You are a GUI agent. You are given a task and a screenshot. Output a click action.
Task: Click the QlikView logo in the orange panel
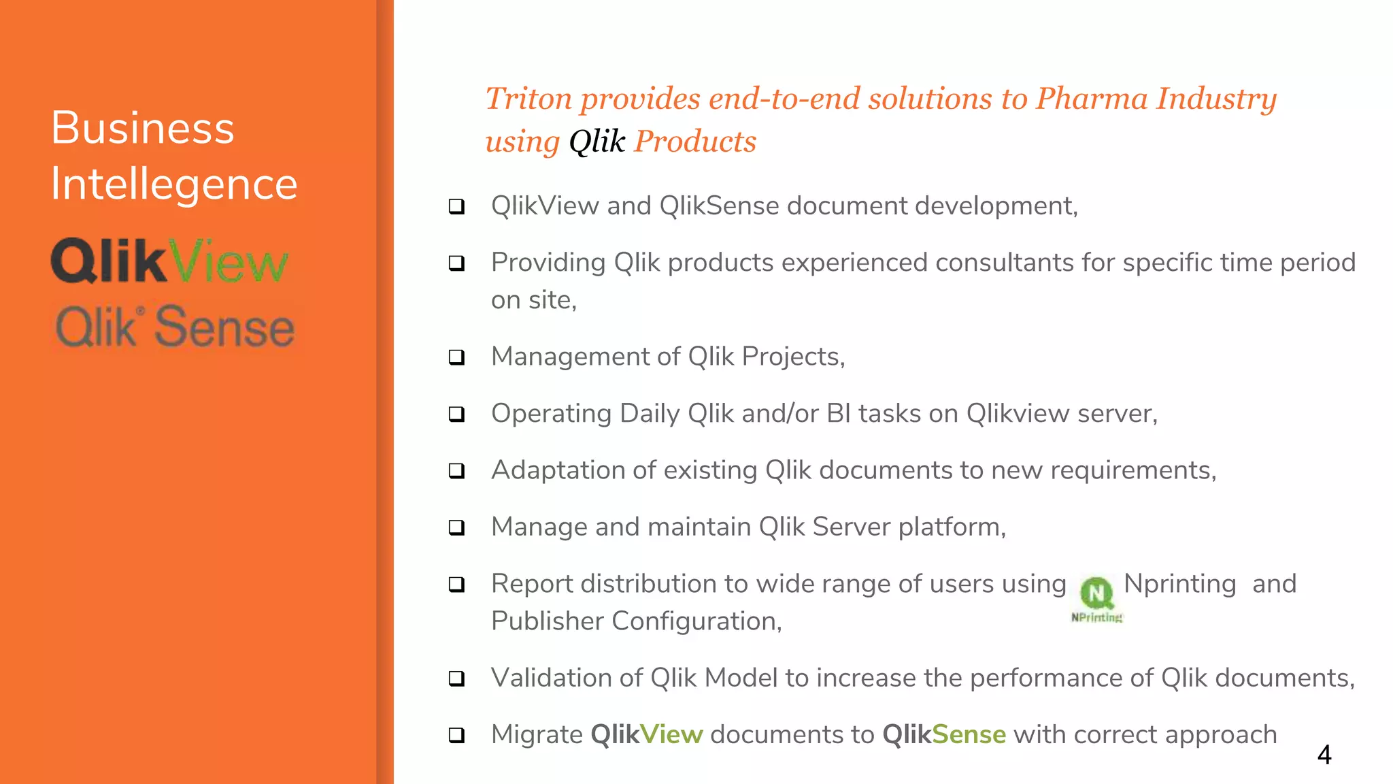click(x=170, y=261)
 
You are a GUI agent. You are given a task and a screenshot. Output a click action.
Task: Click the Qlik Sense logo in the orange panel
click(x=175, y=328)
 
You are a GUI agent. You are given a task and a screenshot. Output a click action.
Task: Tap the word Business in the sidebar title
click(x=143, y=128)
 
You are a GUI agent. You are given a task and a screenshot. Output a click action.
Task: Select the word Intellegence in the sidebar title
click(x=174, y=184)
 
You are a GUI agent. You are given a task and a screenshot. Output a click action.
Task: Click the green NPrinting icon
click(x=1096, y=593)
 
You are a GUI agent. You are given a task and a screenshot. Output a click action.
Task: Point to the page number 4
click(x=1324, y=755)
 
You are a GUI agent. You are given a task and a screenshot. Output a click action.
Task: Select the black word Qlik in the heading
click(x=597, y=142)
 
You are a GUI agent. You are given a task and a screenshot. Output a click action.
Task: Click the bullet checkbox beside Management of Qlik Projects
click(x=457, y=357)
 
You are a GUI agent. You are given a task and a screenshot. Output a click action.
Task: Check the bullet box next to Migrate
click(x=457, y=735)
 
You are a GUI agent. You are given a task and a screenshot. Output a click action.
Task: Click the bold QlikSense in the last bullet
click(x=943, y=735)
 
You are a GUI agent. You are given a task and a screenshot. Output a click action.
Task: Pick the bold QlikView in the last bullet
click(x=646, y=735)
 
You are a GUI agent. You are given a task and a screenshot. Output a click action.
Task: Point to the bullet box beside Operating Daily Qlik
click(x=457, y=414)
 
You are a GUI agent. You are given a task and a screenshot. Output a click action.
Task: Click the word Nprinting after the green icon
click(x=1179, y=584)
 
